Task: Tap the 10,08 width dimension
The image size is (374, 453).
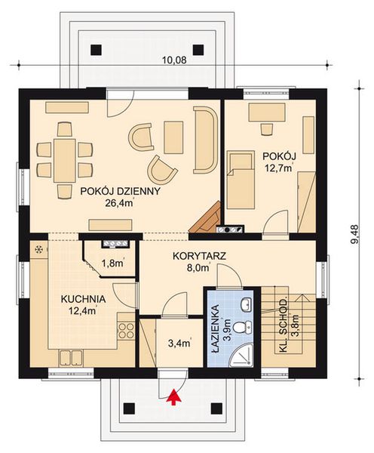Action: (174, 60)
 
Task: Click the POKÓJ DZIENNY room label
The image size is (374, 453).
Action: (120, 191)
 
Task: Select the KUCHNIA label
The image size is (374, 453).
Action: (83, 299)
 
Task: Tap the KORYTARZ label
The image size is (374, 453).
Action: (199, 256)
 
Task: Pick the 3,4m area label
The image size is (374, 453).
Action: (179, 344)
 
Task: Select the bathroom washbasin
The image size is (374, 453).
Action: (246, 305)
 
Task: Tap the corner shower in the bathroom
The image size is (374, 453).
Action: (242, 356)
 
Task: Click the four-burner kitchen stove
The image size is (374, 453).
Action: (127, 331)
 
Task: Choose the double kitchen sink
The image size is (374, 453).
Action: (71, 358)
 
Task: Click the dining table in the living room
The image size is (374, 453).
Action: (64, 161)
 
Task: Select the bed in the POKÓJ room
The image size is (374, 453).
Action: (241, 179)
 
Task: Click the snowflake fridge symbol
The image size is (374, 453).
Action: (38, 249)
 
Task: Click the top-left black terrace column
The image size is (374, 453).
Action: (96, 50)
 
